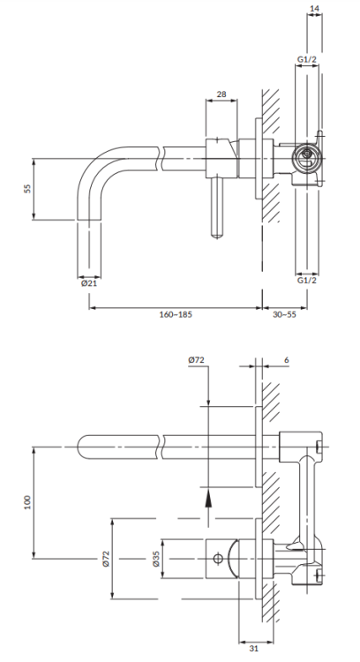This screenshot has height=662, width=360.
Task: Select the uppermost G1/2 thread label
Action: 307,59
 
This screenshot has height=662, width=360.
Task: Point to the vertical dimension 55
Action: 28,189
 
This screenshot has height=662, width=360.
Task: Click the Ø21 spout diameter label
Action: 89,283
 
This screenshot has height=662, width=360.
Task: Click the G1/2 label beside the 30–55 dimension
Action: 307,281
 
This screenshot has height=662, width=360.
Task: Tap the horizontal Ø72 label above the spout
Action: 197,361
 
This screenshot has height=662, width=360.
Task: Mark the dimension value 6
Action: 288,361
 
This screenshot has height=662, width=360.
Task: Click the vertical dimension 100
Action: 28,500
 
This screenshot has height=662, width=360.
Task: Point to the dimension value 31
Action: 253,649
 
